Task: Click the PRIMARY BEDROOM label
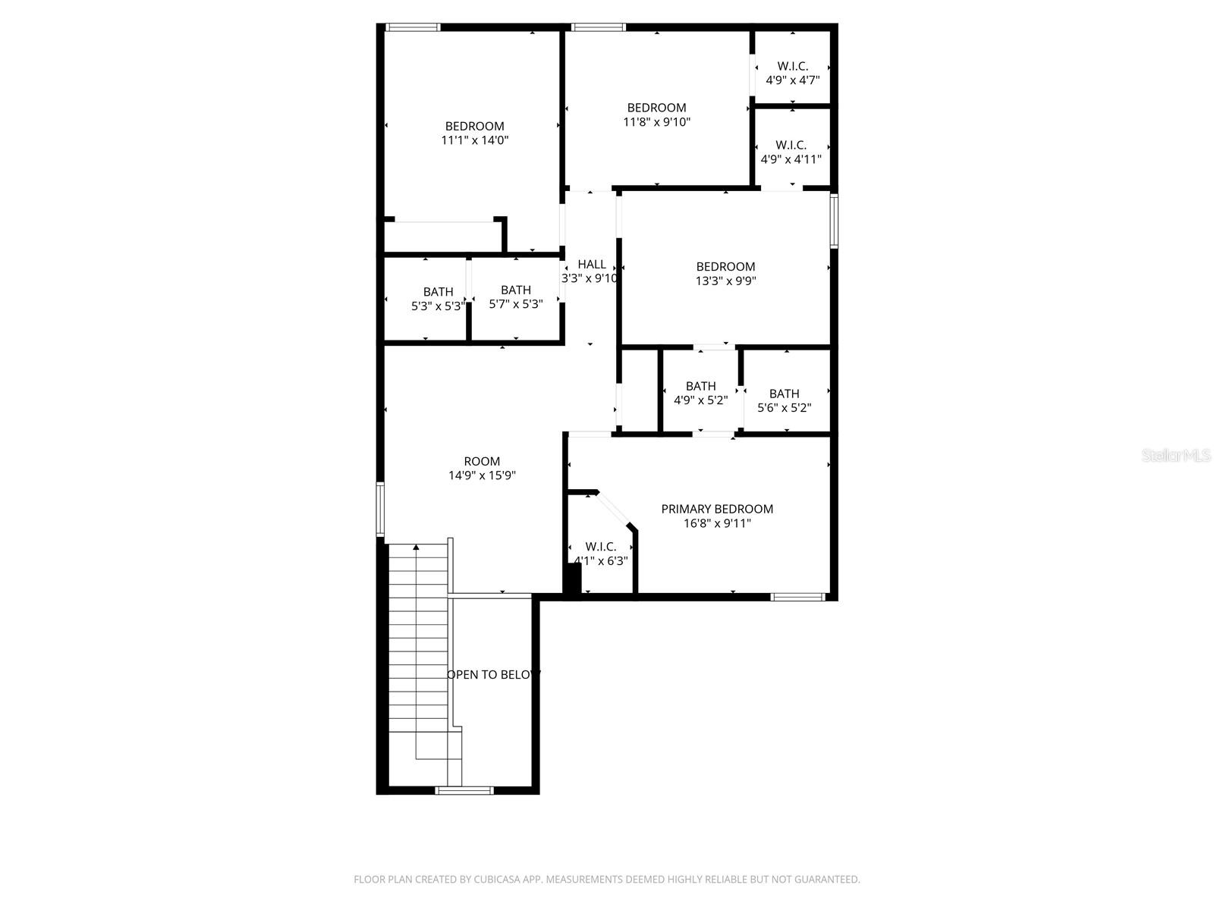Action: pyautogui.click(x=717, y=509)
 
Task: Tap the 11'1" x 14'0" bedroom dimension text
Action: pyautogui.click(x=474, y=140)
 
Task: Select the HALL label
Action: pyautogui.click(x=592, y=264)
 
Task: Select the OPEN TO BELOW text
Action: pyautogui.click(x=493, y=674)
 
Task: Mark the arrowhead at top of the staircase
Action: pyautogui.click(x=416, y=547)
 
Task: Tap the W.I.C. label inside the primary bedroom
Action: pyautogui.click(x=600, y=547)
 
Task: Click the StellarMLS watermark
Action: pyautogui.click(x=1176, y=455)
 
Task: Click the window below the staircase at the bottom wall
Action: pyautogui.click(x=464, y=790)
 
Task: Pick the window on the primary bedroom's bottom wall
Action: pyautogui.click(x=798, y=597)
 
